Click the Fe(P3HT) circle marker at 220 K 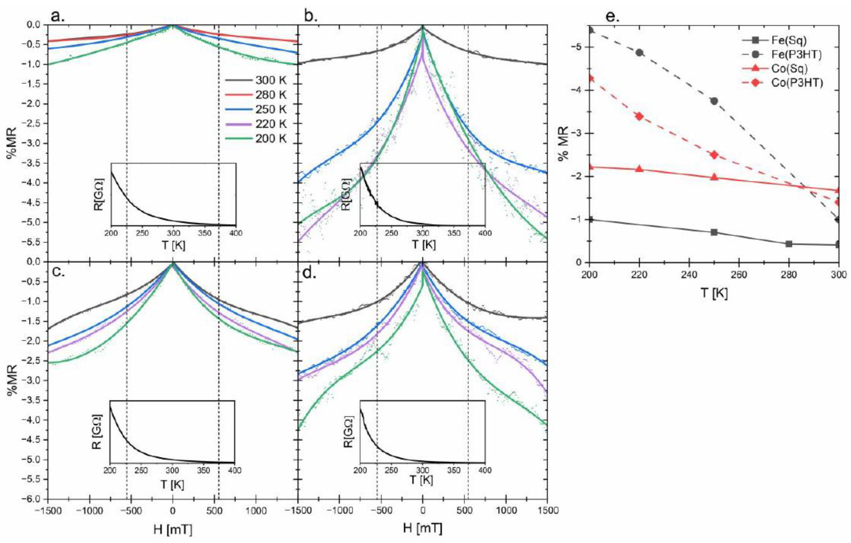(x=639, y=53)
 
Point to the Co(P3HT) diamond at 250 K (x=714, y=155)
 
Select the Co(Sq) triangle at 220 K (x=639, y=169)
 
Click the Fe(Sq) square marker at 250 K (x=714, y=232)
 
